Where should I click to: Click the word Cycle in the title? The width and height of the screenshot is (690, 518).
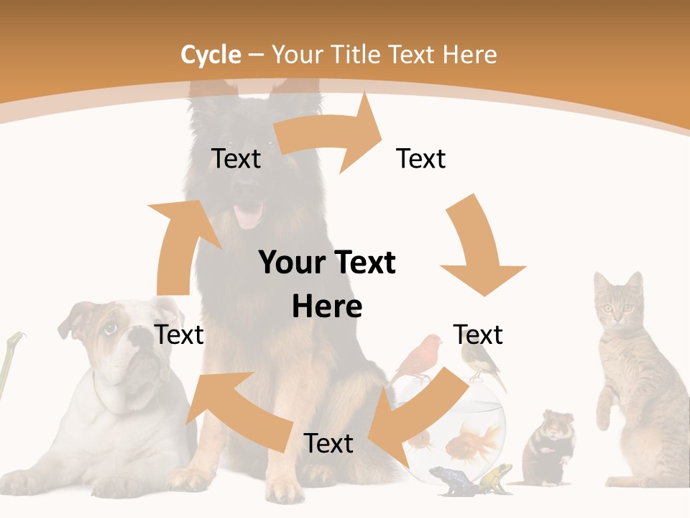pyautogui.click(x=211, y=55)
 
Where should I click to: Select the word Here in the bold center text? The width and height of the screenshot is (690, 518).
pyautogui.click(x=327, y=306)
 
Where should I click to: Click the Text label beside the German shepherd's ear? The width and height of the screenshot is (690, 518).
pyautogui.click(x=236, y=158)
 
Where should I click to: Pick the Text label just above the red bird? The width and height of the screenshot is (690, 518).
pyautogui.click(x=478, y=335)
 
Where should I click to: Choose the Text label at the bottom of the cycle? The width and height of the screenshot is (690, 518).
pyautogui.click(x=328, y=443)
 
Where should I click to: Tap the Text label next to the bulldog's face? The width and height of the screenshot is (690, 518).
pyautogui.click(x=180, y=335)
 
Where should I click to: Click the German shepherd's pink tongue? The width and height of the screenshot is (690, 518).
pyautogui.click(x=249, y=215)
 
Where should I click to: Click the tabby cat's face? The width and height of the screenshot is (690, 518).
pyautogui.click(x=617, y=306)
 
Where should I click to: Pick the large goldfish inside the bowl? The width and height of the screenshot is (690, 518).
pyautogui.click(x=474, y=441)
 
